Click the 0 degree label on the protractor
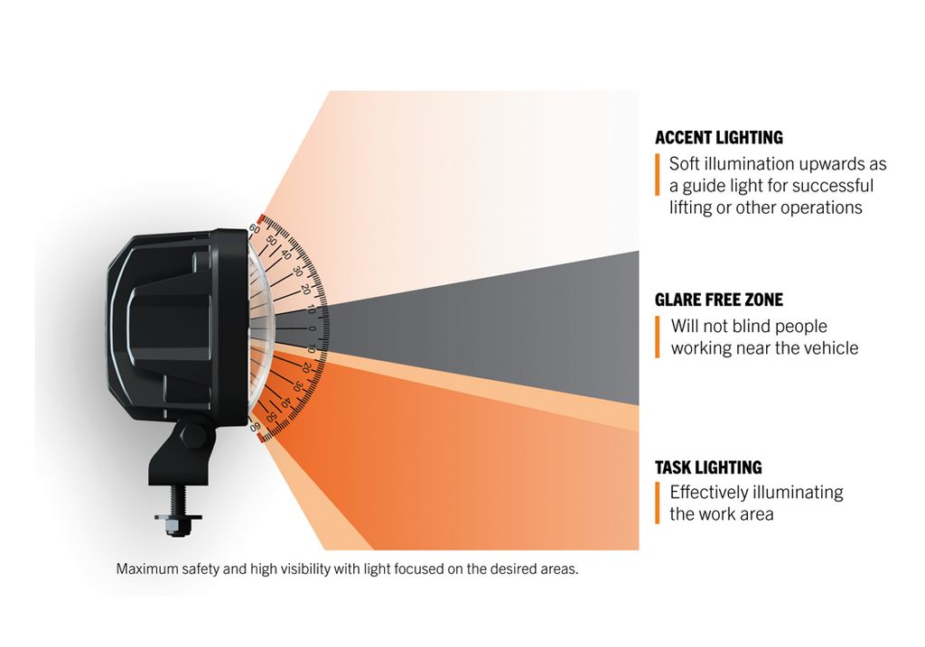tap(312, 328)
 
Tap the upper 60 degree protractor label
tap(254, 228)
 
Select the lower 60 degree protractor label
tap(255, 427)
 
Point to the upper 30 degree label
tap(297, 272)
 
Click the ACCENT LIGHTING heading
tap(718, 137)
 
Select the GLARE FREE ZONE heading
tap(718, 300)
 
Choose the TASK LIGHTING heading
tap(708, 467)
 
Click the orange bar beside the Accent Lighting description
tap(658, 174)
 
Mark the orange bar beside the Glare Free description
tap(658, 337)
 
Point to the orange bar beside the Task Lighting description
tap(658, 503)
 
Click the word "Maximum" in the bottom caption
tap(142, 568)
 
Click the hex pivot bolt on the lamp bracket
tap(193, 436)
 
